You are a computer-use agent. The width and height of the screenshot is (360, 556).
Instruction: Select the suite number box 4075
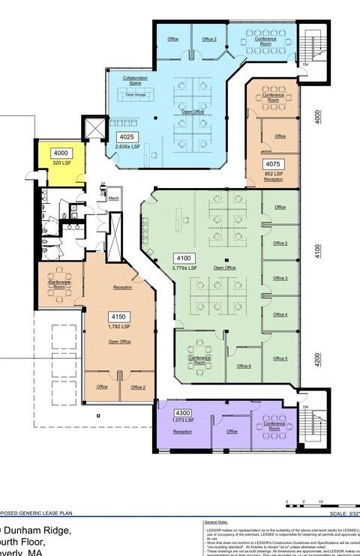tap(273, 164)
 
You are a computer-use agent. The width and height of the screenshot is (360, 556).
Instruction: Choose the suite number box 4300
tap(182, 413)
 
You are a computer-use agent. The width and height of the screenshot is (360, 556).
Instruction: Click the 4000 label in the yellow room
tap(60, 152)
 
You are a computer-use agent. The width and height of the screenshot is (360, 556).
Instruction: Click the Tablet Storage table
tap(136, 95)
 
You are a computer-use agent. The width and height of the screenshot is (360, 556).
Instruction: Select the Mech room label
tap(113, 199)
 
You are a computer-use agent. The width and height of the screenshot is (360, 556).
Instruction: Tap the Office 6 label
tap(244, 366)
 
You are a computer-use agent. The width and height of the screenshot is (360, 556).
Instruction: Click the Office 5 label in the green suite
tap(280, 358)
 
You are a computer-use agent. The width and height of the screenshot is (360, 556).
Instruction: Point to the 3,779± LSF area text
tap(184, 268)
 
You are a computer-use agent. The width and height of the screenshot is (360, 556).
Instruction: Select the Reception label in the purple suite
tap(182, 432)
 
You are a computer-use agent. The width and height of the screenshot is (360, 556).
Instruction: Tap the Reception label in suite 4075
tap(273, 180)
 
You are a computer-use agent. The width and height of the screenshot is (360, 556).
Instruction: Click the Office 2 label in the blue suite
tap(209, 39)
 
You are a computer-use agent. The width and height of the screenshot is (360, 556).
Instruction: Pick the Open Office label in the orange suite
tap(120, 342)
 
